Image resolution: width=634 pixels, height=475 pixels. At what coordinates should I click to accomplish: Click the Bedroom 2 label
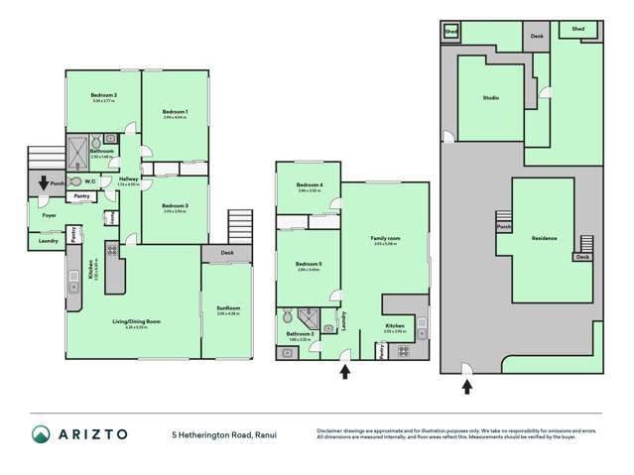(104, 95)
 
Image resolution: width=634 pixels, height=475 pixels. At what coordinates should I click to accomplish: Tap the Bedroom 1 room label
(175, 111)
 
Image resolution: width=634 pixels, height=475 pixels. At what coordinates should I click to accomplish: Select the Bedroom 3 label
(175, 206)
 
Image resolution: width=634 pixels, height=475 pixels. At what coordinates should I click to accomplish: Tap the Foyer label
(47, 215)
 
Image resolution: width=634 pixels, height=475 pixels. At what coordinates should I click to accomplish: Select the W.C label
(90, 180)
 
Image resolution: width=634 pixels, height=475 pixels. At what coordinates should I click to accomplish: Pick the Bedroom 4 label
(310, 186)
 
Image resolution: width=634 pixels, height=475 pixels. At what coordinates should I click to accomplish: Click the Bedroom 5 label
(310, 263)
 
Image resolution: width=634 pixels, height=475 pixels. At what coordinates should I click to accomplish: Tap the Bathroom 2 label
(301, 335)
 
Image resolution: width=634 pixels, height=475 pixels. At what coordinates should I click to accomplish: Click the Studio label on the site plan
(490, 98)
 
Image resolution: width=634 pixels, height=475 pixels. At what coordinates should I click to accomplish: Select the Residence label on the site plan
(544, 239)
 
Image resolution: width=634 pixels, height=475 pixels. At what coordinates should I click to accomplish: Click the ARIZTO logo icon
(41, 434)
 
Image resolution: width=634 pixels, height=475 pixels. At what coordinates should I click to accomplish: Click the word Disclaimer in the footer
(331, 429)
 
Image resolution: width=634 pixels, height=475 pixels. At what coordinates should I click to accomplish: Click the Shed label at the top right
(577, 29)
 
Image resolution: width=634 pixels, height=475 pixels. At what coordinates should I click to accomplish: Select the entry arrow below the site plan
(465, 387)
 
